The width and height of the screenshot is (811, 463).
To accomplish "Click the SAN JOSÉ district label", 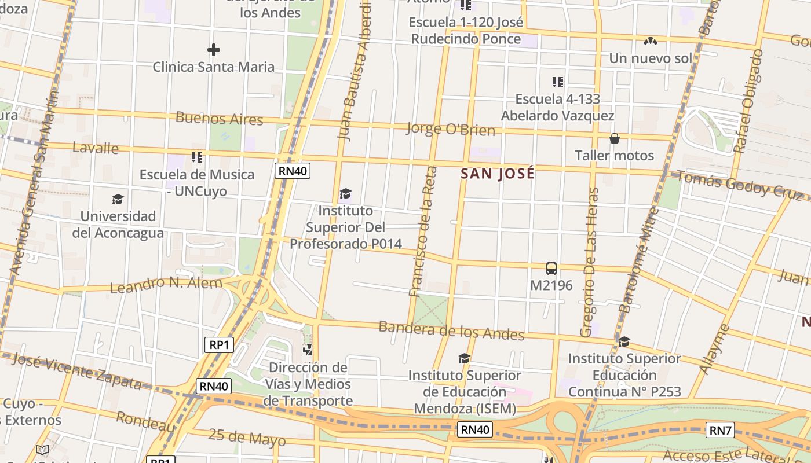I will point(497,174).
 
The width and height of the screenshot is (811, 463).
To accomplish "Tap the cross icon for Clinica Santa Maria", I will point(214,50).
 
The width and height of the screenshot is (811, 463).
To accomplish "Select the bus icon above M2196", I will point(551,269).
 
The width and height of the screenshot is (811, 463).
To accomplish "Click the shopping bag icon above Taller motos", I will point(614,139).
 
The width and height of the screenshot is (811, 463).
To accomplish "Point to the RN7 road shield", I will point(721,430).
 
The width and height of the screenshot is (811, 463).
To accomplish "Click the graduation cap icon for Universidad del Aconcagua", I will point(118,200).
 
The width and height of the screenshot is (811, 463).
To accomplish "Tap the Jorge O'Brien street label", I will point(451,128).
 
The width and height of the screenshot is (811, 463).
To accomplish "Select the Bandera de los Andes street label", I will point(451,330).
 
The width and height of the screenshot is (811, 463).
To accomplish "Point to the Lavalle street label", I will point(96,148).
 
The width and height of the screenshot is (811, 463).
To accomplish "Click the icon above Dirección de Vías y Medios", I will point(308,350).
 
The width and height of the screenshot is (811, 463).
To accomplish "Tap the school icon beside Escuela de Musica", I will point(197,157).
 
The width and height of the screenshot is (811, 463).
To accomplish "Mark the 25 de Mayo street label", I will point(247,437).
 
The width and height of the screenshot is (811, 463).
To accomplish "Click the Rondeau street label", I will point(145,421).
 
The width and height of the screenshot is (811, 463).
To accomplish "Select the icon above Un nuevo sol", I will point(651,41).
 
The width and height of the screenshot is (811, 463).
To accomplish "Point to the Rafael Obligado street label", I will point(748,101).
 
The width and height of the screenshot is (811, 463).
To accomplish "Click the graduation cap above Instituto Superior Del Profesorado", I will point(346,193).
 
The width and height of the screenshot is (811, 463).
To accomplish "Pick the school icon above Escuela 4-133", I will point(557,82).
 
